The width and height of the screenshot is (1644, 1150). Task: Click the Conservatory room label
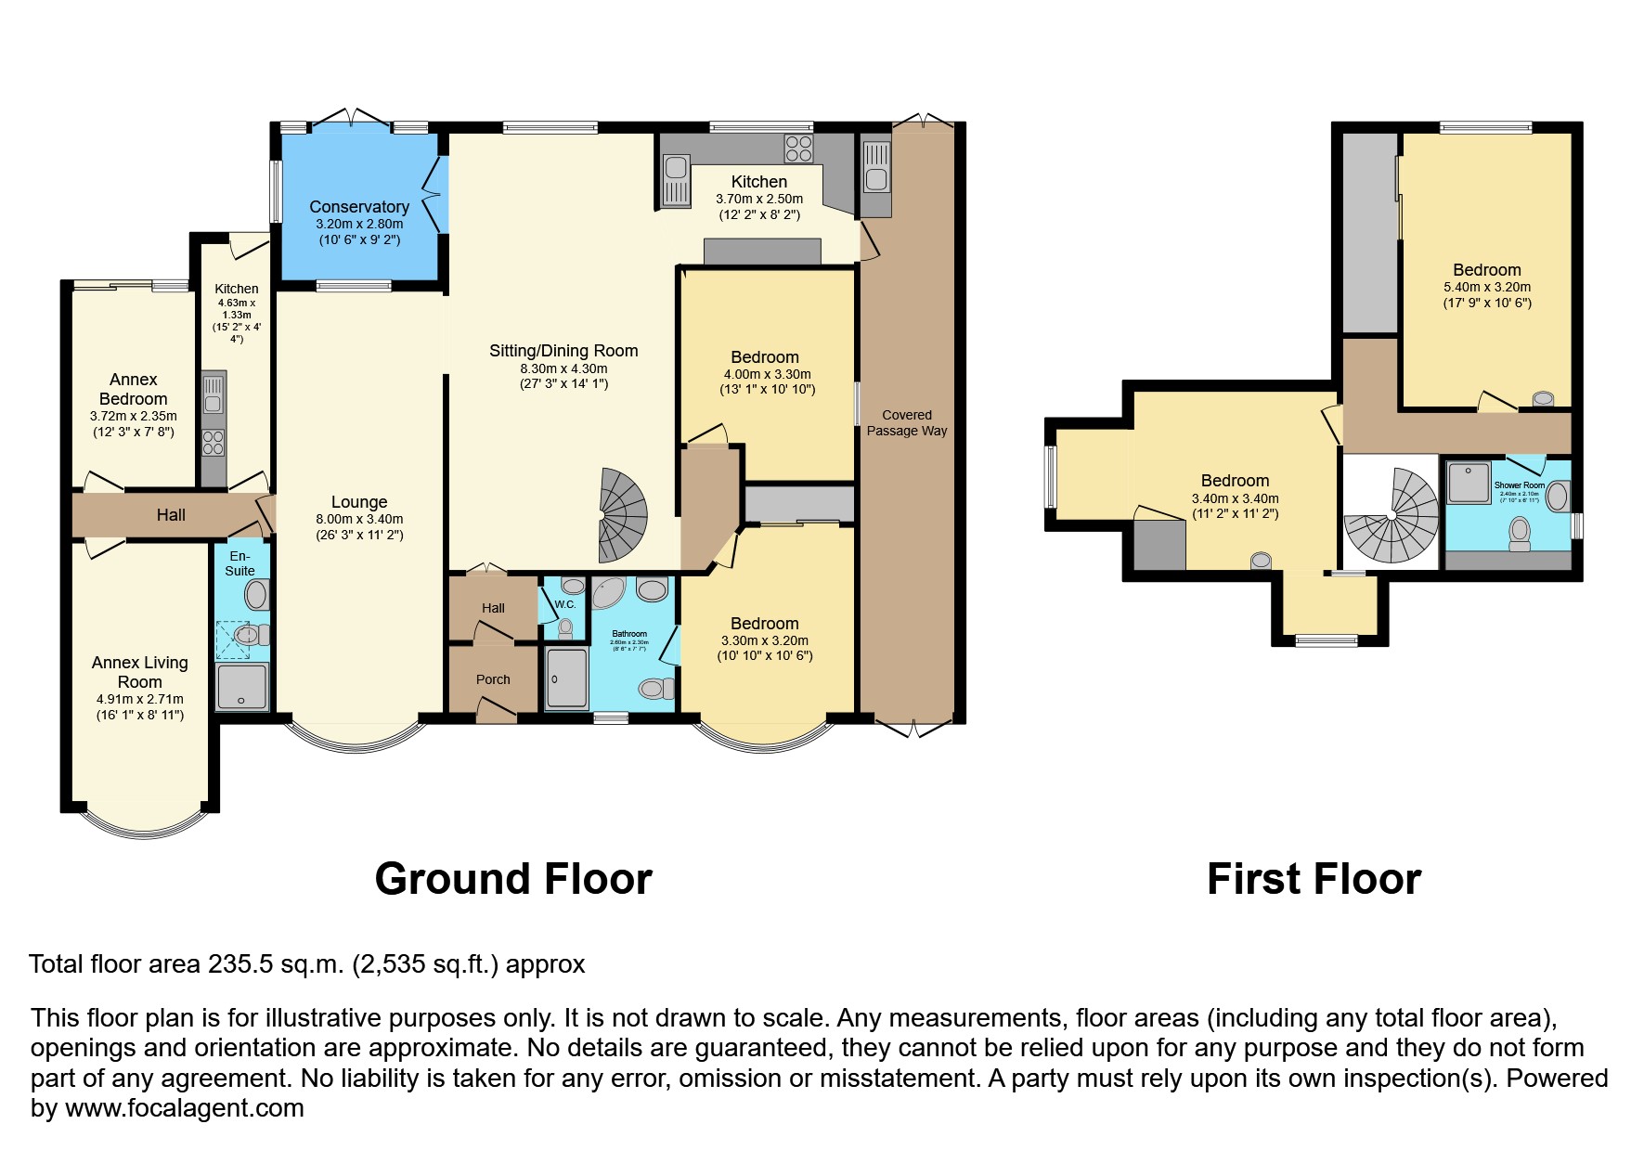tap(358, 207)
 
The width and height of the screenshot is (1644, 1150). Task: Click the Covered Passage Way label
tap(907, 422)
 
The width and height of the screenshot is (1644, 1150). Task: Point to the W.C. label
tap(565, 604)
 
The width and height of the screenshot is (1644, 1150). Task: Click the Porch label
tap(493, 679)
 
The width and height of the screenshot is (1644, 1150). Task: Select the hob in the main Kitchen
tap(798, 149)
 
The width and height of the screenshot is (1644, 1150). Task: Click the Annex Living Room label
tap(140, 672)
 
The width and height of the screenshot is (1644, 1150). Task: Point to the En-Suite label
tap(239, 563)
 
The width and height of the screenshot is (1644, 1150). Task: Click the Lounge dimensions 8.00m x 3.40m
tap(359, 519)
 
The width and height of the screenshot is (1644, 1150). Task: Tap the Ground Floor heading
tap(513, 879)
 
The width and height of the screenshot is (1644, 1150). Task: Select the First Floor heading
tap(1314, 879)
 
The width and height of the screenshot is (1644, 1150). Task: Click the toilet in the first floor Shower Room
tap(1520, 533)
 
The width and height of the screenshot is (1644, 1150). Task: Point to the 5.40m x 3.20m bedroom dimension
tap(1486, 287)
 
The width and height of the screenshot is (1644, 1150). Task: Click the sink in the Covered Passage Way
tap(875, 178)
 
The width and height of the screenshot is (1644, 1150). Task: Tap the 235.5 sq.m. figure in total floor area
tap(276, 964)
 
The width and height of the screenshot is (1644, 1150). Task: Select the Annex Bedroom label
tap(134, 389)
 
